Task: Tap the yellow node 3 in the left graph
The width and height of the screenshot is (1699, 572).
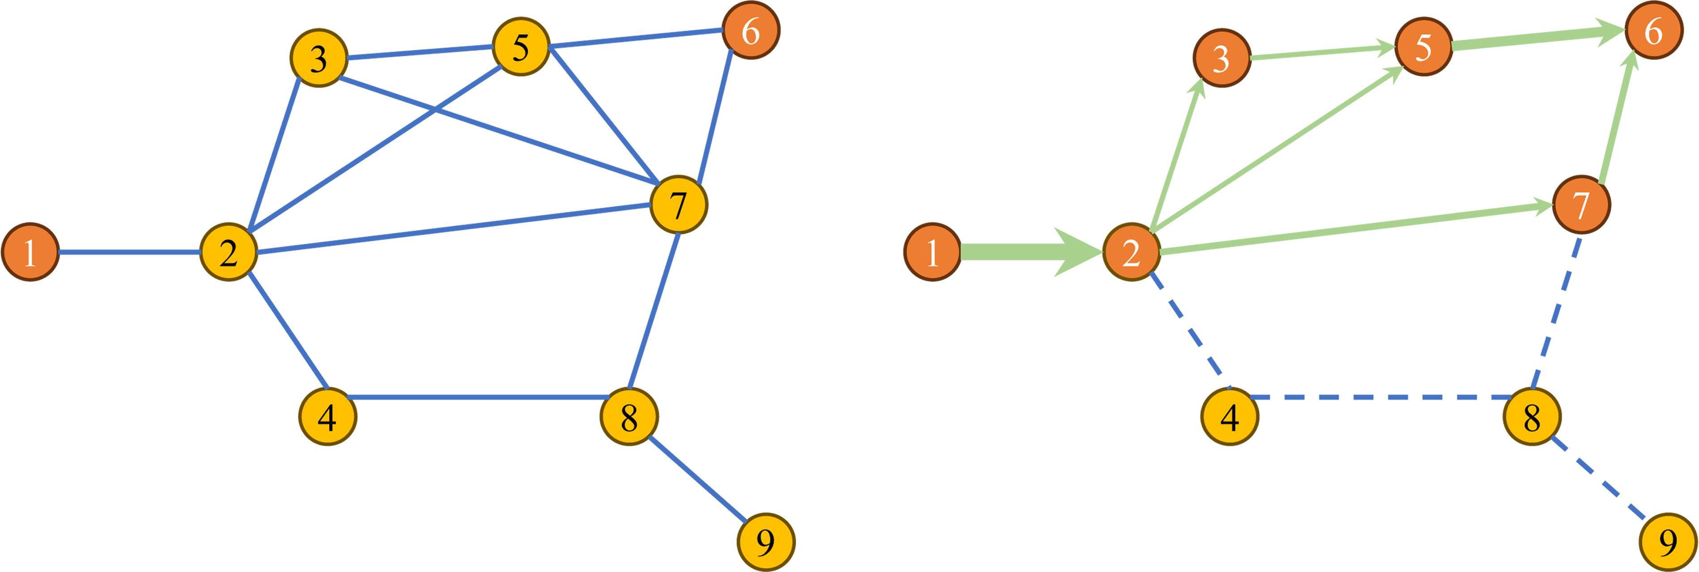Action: pos(319,58)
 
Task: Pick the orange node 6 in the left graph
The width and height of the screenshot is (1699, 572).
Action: pos(750,30)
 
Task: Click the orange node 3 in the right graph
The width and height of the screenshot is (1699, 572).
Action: pos(1222,58)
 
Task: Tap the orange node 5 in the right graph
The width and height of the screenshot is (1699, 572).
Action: pos(1423,47)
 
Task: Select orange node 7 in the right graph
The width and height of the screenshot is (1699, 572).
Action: pos(1581,205)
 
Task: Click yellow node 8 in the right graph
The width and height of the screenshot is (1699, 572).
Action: pos(1532,417)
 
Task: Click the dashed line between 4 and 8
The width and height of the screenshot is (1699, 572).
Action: pos(1379,397)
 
